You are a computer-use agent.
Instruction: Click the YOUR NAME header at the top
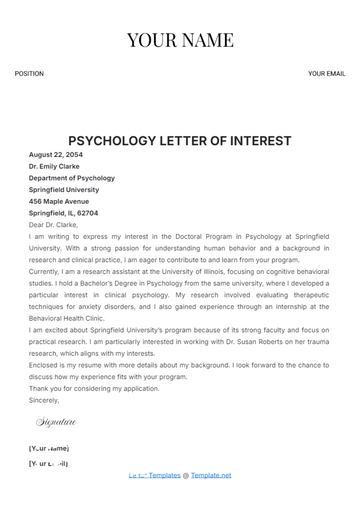(180, 41)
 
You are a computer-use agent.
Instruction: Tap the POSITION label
(29, 74)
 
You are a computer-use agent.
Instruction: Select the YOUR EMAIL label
(326, 74)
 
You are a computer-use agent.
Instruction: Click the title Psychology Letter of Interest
(180, 141)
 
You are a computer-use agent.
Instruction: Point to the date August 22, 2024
(56, 155)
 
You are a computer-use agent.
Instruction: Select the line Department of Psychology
(72, 178)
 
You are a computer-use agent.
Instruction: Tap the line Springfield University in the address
(64, 190)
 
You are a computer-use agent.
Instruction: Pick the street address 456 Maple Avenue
(59, 201)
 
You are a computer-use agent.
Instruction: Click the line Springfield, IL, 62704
(63, 213)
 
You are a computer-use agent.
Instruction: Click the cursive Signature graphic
(56, 423)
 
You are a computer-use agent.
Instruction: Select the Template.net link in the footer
(211, 475)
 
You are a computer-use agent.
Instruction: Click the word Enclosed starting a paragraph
(44, 365)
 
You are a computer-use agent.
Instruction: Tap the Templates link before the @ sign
(164, 475)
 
